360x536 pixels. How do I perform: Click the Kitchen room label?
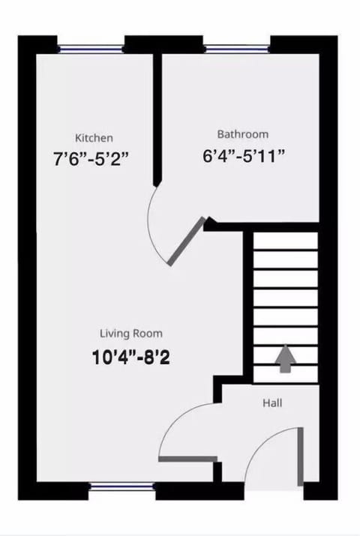[x=94, y=138]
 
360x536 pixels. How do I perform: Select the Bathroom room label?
[x=242, y=134]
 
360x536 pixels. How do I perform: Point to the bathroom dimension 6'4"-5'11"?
[x=244, y=156]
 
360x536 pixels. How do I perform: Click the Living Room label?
[x=131, y=333]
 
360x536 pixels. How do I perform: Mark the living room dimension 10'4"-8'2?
[x=130, y=357]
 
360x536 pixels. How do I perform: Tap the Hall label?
[x=272, y=403]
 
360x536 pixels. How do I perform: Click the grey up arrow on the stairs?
[x=285, y=359]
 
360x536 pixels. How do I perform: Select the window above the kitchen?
[x=91, y=49]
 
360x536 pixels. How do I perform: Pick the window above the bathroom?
[x=237, y=49]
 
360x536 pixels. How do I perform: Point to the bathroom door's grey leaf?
[x=186, y=241]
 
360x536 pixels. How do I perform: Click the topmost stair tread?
[x=285, y=241]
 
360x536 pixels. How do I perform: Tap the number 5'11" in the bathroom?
[x=266, y=156]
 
